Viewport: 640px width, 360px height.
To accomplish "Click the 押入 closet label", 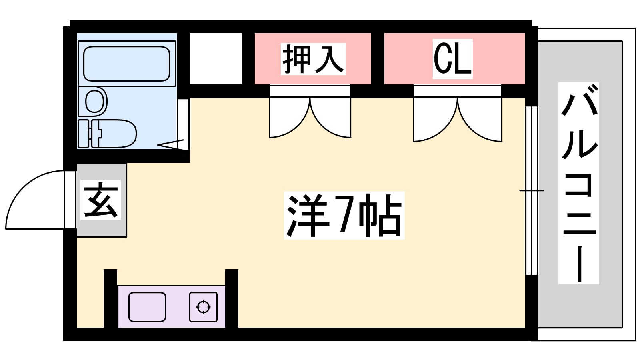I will (313, 59).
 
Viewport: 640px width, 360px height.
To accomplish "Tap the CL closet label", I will (452, 59).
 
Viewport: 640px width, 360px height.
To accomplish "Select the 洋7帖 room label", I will (344, 216).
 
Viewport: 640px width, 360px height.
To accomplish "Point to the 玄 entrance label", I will (100, 200).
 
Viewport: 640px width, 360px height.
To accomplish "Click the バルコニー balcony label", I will (578, 183).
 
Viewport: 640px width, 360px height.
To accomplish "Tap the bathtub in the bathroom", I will (126, 64).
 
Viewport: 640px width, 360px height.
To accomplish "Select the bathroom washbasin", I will (96, 101).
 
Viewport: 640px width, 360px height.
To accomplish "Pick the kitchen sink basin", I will (147, 307).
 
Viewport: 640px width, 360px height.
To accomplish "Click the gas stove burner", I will (203, 307).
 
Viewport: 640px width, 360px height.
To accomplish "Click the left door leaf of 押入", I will (289, 118).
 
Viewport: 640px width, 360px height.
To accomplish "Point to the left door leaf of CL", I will (434, 120).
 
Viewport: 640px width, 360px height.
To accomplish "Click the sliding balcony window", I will (531, 190).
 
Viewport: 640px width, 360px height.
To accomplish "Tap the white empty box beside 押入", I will (216, 59).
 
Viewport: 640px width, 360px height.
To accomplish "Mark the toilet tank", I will (84, 133).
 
